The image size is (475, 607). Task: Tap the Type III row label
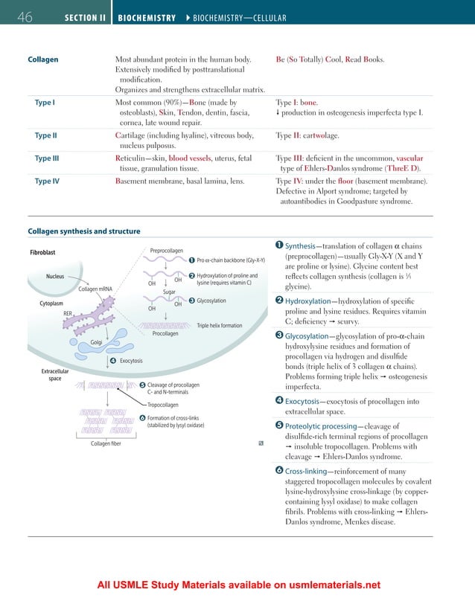(47, 158)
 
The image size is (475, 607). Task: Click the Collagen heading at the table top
(43, 59)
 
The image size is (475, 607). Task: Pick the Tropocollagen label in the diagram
(163, 405)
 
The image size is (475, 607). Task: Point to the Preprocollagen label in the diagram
(168, 251)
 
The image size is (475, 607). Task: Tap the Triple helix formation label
(219, 325)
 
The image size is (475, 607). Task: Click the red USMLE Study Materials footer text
(238, 585)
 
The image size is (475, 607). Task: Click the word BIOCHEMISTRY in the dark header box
(145, 17)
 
